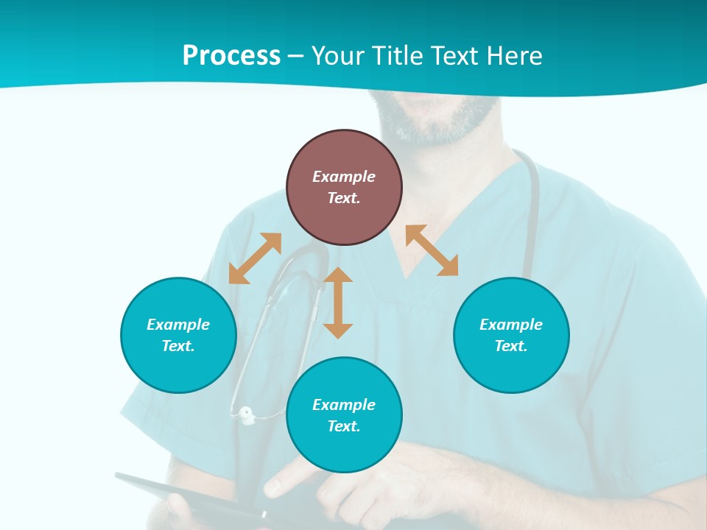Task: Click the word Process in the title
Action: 231,56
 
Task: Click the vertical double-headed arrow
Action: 338,303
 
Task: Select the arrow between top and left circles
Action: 255,258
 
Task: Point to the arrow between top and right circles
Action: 432,250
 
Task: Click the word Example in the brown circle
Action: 344,177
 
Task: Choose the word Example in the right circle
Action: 511,325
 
